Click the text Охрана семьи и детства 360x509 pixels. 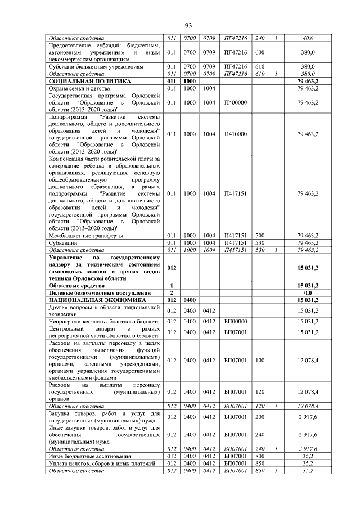(x=78, y=88)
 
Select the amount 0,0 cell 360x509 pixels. (x=308, y=293)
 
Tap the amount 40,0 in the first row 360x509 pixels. (x=308, y=38)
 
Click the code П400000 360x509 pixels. (x=236, y=103)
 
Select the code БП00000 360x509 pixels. (x=236, y=321)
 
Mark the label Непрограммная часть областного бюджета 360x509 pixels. (x=104, y=321)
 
